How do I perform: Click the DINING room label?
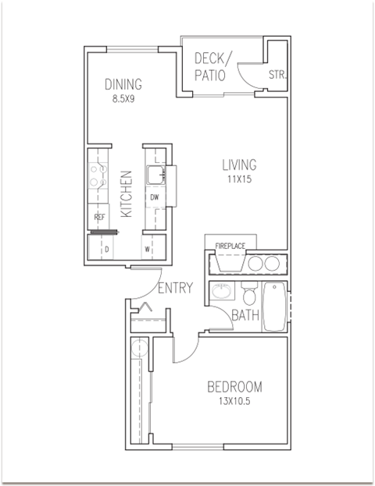[x=123, y=85]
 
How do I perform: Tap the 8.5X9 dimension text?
[x=123, y=99]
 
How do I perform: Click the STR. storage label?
[x=277, y=76]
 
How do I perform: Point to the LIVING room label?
[x=239, y=165]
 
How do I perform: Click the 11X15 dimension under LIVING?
[x=239, y=179]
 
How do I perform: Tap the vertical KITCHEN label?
[x=127, y=193]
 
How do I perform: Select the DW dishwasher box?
[x=155, y=197]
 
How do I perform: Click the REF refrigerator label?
[x=99, y=217]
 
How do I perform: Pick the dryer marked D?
[x=106, y=250]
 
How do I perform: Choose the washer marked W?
[x=146, y=250]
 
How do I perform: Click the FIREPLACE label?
[x=230, y=247]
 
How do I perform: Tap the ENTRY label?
[x=175, y=289]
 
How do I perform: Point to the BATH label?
[x=245, y=316]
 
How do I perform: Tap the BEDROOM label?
[x=234, y=387]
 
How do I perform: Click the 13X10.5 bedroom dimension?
[x=234, y=402]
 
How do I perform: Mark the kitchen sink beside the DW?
[x=155, y=172]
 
